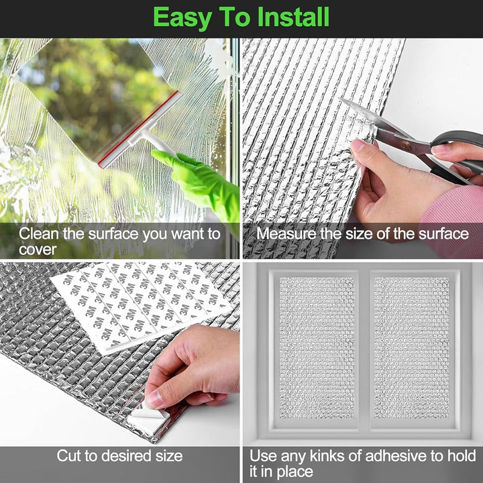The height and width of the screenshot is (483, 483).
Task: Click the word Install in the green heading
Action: (x=293, y=17)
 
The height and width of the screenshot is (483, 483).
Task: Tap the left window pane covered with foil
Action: (x=317, y=347)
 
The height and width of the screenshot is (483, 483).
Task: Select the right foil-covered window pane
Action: (x=412, y=347)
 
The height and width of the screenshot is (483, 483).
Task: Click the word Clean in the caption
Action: (x=39, y=233)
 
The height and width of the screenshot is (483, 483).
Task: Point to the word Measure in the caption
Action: (x=286, y=233)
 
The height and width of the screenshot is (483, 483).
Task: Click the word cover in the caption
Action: (x=38, y=250)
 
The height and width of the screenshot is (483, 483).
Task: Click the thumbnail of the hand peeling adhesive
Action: (x=119, y=353)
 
